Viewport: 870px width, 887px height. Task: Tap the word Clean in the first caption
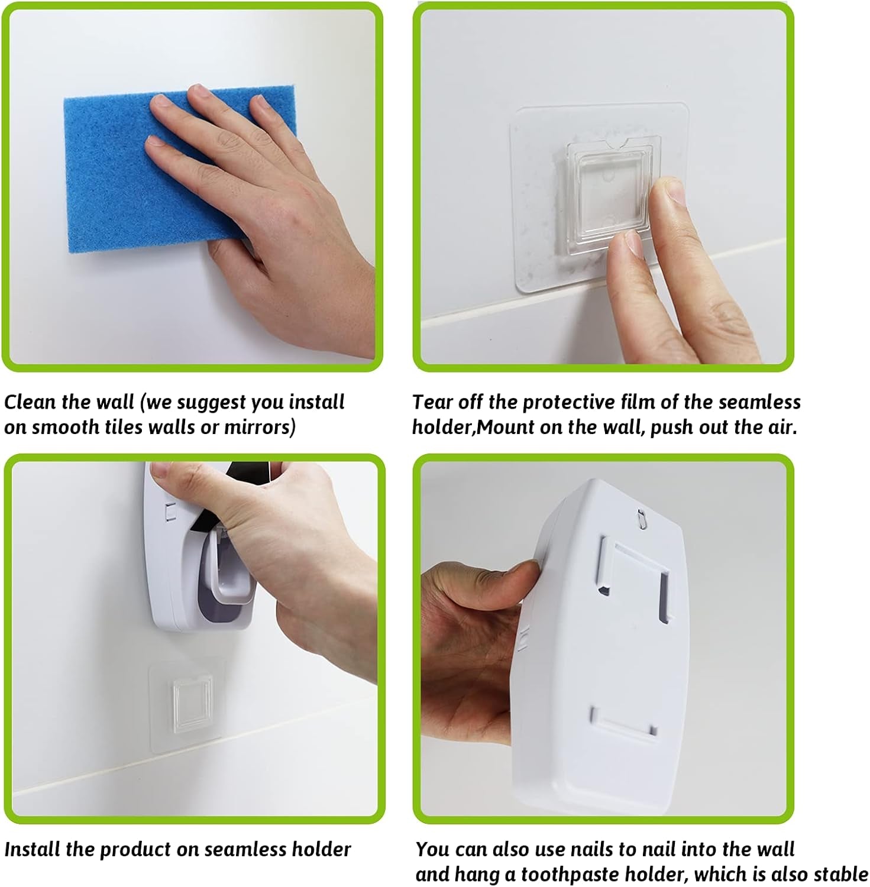30,402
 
